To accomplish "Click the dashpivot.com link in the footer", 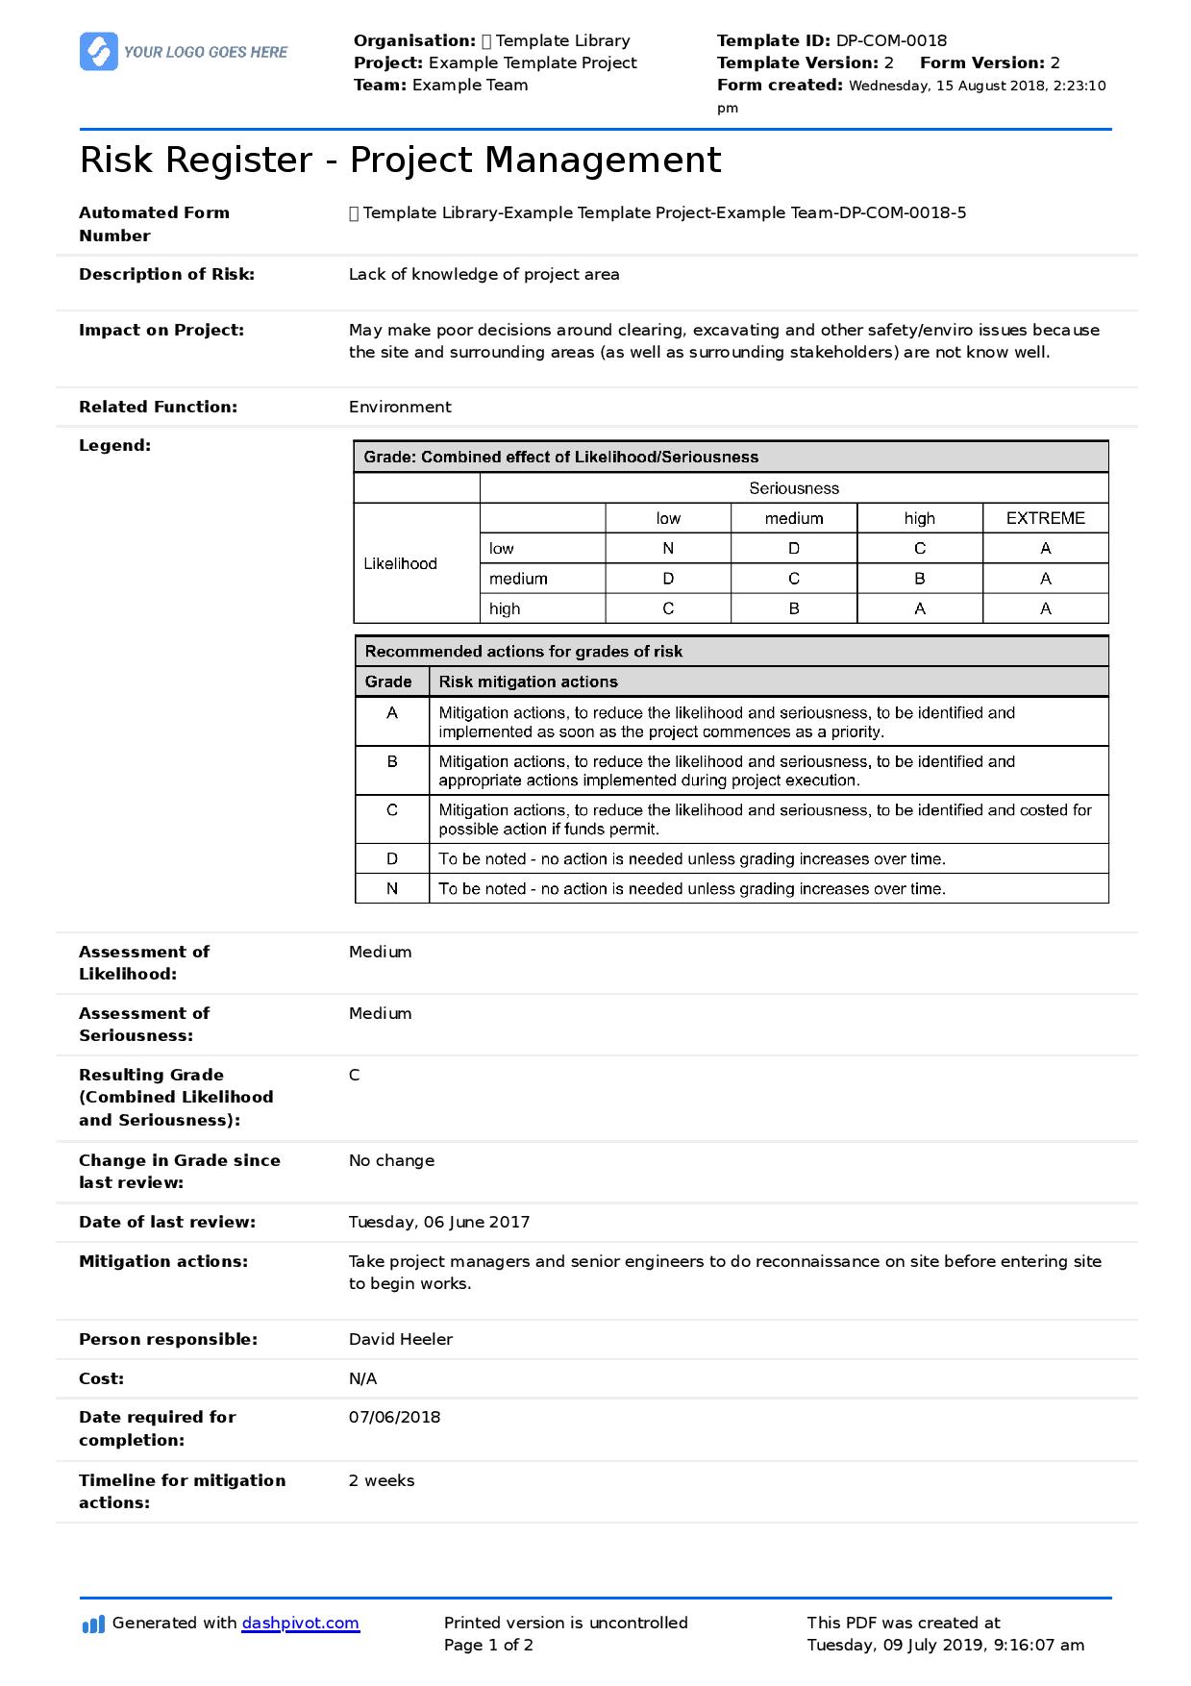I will click(300, 1623).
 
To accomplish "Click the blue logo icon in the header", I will click(98, 52).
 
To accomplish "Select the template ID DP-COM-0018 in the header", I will click(891, 40).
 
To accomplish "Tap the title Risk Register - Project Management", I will click(400, 160).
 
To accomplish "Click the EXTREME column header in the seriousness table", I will click(1045, 518).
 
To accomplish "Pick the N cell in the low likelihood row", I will click(668, 548).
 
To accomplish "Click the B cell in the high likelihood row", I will click(794, 608).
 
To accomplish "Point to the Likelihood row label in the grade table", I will click(400, 563).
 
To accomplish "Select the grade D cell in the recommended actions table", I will click(392, 858).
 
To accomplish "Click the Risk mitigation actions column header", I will click(528, 682).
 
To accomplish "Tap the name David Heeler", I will click(400, 1339).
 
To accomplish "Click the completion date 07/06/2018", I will click(394, 1417).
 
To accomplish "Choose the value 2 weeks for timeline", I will click(382, 1480).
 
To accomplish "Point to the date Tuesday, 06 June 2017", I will click(438, 1222).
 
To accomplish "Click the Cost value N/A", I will click(362, 1378).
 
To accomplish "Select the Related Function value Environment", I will click(400, 407).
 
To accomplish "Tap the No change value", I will click(391, 1160).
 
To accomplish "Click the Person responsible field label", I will click(168, 1339).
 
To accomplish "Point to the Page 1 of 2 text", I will click(488, 1645).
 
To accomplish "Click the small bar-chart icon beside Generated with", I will click(93, 1624).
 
